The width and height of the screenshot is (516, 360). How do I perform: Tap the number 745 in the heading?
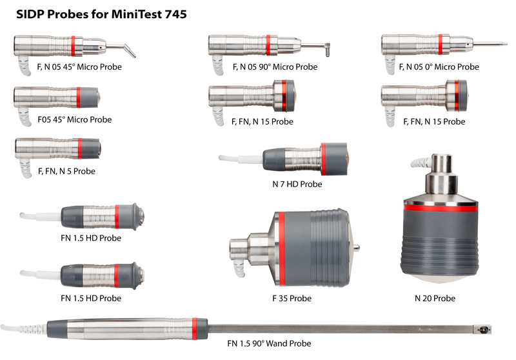click(x=175, y=14)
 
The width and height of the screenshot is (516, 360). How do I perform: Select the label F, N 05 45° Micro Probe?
click(x=79, y=67)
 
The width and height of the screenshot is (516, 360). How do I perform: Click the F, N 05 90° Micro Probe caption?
click(x=275, y=67)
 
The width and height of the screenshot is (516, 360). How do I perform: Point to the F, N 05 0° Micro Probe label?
click(x=439, y=67)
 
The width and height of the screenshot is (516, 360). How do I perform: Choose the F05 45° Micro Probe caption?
click(x=75, y=119)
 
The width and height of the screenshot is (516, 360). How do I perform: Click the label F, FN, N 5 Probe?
click(x=67, y=171)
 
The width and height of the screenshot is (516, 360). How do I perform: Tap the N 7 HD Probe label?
click(x=297, y=185)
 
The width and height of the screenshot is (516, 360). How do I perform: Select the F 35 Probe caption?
click(x=292, y=299)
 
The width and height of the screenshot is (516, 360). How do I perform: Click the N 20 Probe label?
click(x=435, y=299)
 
